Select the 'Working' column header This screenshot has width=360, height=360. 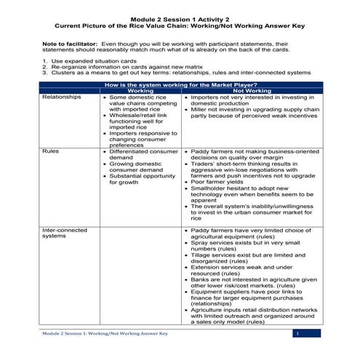pos(140,91)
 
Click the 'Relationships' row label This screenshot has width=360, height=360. pos(61,97)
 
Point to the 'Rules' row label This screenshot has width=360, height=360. pos(50,151)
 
